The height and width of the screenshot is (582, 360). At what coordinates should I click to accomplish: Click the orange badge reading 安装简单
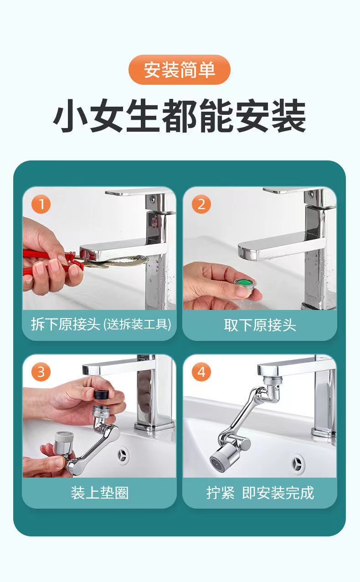click(180, 70)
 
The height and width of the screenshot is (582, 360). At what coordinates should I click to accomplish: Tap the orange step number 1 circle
click(41, 204)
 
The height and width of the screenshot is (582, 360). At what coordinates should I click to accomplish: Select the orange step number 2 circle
click(201, 204)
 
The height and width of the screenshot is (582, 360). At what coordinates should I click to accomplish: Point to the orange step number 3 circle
click(41, 372)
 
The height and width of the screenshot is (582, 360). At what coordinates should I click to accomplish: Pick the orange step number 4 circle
click(201, 372)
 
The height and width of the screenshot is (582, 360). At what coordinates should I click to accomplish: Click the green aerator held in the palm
click(245, 284)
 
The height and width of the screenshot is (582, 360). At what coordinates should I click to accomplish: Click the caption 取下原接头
click(260, 325)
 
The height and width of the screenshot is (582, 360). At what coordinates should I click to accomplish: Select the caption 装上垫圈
click(100, 493)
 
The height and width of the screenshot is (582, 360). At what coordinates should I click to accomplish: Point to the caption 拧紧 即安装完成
click(260, 493)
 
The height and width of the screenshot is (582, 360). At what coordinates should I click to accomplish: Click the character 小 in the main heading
click(70, 115)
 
